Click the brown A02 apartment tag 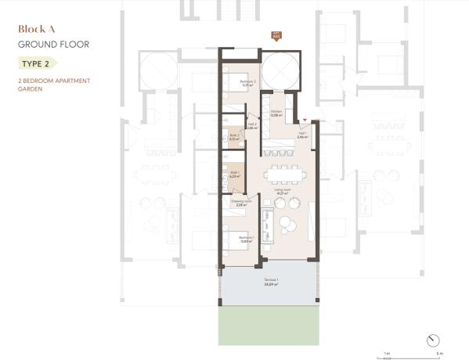point(276,35)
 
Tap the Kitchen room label point(276,114)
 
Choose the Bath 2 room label point(233,138)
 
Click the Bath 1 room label point(233,175)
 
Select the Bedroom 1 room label point(246,239)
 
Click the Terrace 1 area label point(270,283)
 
